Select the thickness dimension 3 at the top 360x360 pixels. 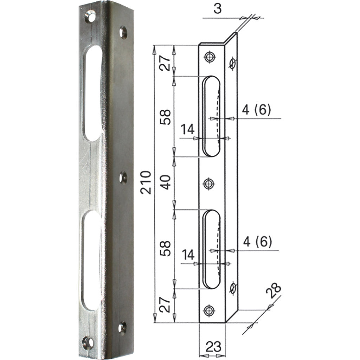[x=218, y=9]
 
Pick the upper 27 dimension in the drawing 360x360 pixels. [x=166, y=62]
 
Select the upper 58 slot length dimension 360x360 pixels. [x=166, y=117]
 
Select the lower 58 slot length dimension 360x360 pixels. [x=166, y=248]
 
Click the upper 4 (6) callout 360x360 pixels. [x=256, y=110]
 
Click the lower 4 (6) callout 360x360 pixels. [x=257, y=242]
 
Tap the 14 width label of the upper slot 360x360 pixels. [x=188, y=130]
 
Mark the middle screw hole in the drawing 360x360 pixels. [x=209, y=183]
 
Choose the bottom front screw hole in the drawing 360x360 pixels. [x=209, y=310]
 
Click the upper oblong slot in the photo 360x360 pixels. [x=93, y=93]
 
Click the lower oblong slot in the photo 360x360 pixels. [x=91, y=260]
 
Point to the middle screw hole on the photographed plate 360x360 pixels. [x=123, y=178]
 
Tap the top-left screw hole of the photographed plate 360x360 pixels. [x=90, y=17]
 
